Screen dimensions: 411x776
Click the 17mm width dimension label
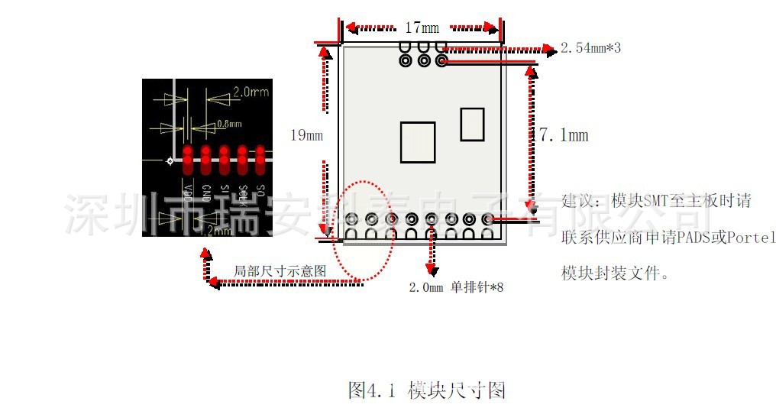(x=422, y=28)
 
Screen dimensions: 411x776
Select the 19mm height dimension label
(x=306, y=136)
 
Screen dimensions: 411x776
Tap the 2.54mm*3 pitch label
(x=590, y=48)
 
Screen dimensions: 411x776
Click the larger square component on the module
(x=418, y=142)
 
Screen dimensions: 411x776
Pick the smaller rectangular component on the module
(x=472, y=124)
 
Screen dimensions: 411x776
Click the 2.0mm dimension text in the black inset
(x=251, y=92)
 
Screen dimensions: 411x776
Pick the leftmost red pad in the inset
(x=187, y=159)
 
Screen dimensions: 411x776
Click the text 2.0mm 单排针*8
(x=456, y=287)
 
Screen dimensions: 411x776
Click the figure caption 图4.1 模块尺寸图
(x=426, y=390)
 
